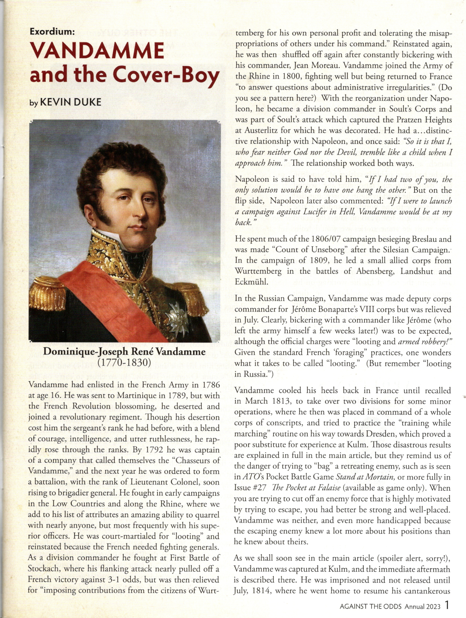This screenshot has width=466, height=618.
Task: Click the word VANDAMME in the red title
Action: coord(97,51)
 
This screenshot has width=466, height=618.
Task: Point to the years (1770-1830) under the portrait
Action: coord(124,362)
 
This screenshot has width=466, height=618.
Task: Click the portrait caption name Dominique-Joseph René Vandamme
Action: coord(124,352)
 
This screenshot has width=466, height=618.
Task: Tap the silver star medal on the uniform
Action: coord(177,316)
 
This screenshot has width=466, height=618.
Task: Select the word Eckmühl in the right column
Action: coord(250,282)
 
